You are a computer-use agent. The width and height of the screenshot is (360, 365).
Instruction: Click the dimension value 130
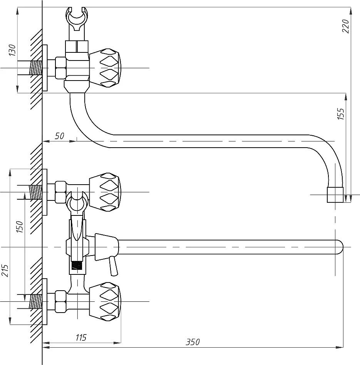click(x=13, y=50)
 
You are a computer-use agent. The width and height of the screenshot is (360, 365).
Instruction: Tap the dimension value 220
click(x=346, y=26)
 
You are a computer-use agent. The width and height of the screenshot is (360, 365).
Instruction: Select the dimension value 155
click(x=341, y=114)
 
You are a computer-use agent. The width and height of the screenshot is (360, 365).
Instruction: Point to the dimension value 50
click(x=59, y=136)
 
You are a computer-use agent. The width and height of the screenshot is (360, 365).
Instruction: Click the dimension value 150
click(x=20, y=227)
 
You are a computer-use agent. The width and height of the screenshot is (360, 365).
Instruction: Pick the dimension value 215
click(x=5, y=271)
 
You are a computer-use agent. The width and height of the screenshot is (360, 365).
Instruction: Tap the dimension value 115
click(x=81, y=337)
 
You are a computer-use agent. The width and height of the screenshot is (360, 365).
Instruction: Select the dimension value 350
click(x=193, y=342)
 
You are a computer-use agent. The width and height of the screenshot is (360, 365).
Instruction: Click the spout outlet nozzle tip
click(x=335, y=195)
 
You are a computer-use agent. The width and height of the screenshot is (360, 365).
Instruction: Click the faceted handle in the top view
click(x=105, y=68)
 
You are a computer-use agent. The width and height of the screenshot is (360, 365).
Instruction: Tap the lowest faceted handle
click(x=105, y=302)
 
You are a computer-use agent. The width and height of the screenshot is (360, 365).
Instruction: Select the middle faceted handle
click(x=105, y=192)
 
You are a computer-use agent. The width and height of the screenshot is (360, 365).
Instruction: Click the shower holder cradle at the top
click(x=77, y=19)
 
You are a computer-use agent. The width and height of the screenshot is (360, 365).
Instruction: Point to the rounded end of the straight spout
click(x=340, y=247)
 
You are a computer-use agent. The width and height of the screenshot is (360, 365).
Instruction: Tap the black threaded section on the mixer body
click(x=77, y=266)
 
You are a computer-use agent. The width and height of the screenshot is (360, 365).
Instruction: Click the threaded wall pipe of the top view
click(x=35, y=68)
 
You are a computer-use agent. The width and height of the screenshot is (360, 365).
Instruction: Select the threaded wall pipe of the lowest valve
click(x=35, y=302)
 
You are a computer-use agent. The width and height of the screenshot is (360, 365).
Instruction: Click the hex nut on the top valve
click(x=61, y=68)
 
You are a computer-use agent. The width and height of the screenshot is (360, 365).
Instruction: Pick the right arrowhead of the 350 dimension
click(x=340, y=348)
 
